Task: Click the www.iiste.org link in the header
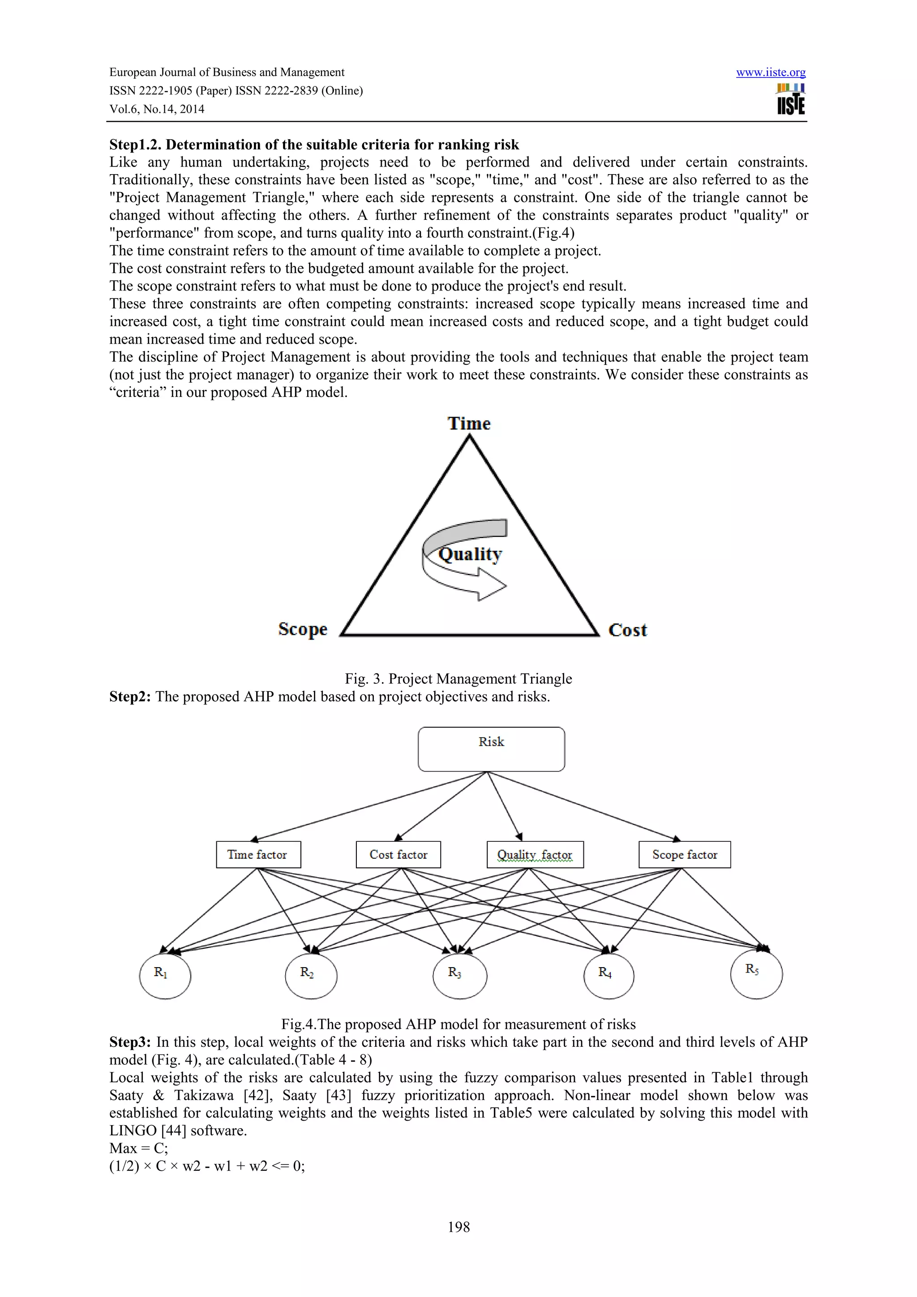point(770,73)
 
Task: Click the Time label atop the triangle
point(469,424)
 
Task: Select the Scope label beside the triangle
point(302,629)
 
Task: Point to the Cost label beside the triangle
point(627,630)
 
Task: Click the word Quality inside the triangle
point(470,554)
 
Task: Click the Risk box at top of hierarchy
point(491,749)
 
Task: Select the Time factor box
point(258,855)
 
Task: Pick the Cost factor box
point(399,855)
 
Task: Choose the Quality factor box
point(535,855)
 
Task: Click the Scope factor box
point(684,855)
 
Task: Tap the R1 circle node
point(165,976)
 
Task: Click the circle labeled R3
point(459,976)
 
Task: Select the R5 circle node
point(756,974)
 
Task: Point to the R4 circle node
point(608,976)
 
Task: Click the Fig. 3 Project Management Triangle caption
point(458,678)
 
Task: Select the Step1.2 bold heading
point(313,145)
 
